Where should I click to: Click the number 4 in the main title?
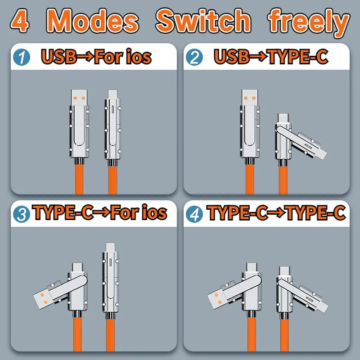[x=20, y=21]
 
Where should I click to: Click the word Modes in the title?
[x=93, y=21]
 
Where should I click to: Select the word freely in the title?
[x=309, y=21]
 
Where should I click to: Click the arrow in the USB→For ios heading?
[x=84, y=58]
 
